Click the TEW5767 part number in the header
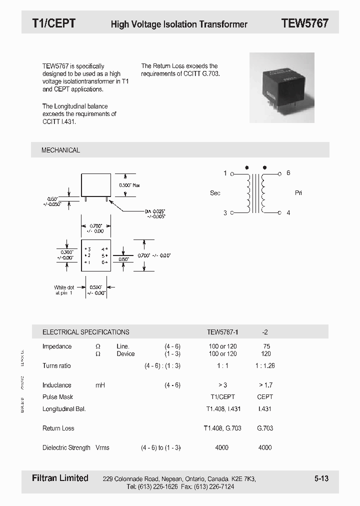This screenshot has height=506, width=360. pyautogui.click(x=304, y=23)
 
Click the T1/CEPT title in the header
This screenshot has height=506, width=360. pyautogui.click(x=53, y=23)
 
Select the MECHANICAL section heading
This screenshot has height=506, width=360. pyautogui.click(x=60, y=150)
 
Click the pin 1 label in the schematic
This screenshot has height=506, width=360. pyautogui.click(x=225, y=173)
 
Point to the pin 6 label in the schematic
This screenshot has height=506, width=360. pyautogui.click(x=288, y=173)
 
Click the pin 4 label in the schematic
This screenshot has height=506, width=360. pyautogui.click(x=288, y=212)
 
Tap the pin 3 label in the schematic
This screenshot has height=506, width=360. pyautogui.click(x=225, y=212)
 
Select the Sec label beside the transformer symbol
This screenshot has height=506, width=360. pyautogui.click(x=215, y=193)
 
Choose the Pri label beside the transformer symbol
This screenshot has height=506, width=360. pyautogui.click(x=298, y=193)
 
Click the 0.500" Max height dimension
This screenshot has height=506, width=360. pyautogui.click(x=129, y=185)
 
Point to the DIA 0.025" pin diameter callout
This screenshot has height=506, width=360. pyautogui.click(x=155, y=213)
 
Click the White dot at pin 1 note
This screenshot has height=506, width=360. pyautogui.click(x=64, y=290)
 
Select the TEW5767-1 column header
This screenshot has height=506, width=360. pyautogui.click(x=222, y=332)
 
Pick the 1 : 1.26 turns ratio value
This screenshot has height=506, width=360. pyautogui.click(x=264, y=366)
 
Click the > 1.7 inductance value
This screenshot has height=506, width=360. pyautogui.click(x=265, y=385)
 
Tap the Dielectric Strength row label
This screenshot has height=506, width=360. pyautogui.click(x=66, y=447)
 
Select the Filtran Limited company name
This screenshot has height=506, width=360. pyautogui.click(x=56, y=478)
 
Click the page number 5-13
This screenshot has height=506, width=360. pyautogui.click(x=321, y=478)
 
